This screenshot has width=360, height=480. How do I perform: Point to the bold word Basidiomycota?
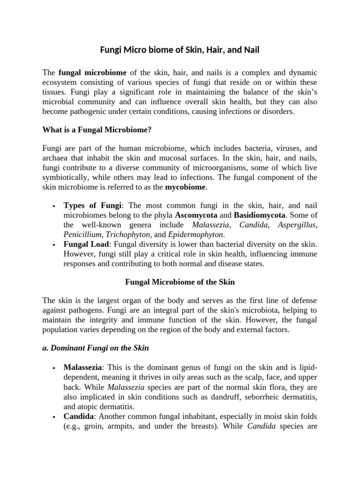pos(260,215)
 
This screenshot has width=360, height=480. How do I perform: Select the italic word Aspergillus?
pos(297,225)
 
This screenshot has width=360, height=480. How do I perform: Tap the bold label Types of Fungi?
pos(93,206)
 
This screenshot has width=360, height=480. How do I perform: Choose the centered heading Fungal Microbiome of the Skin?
pos(180,282)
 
